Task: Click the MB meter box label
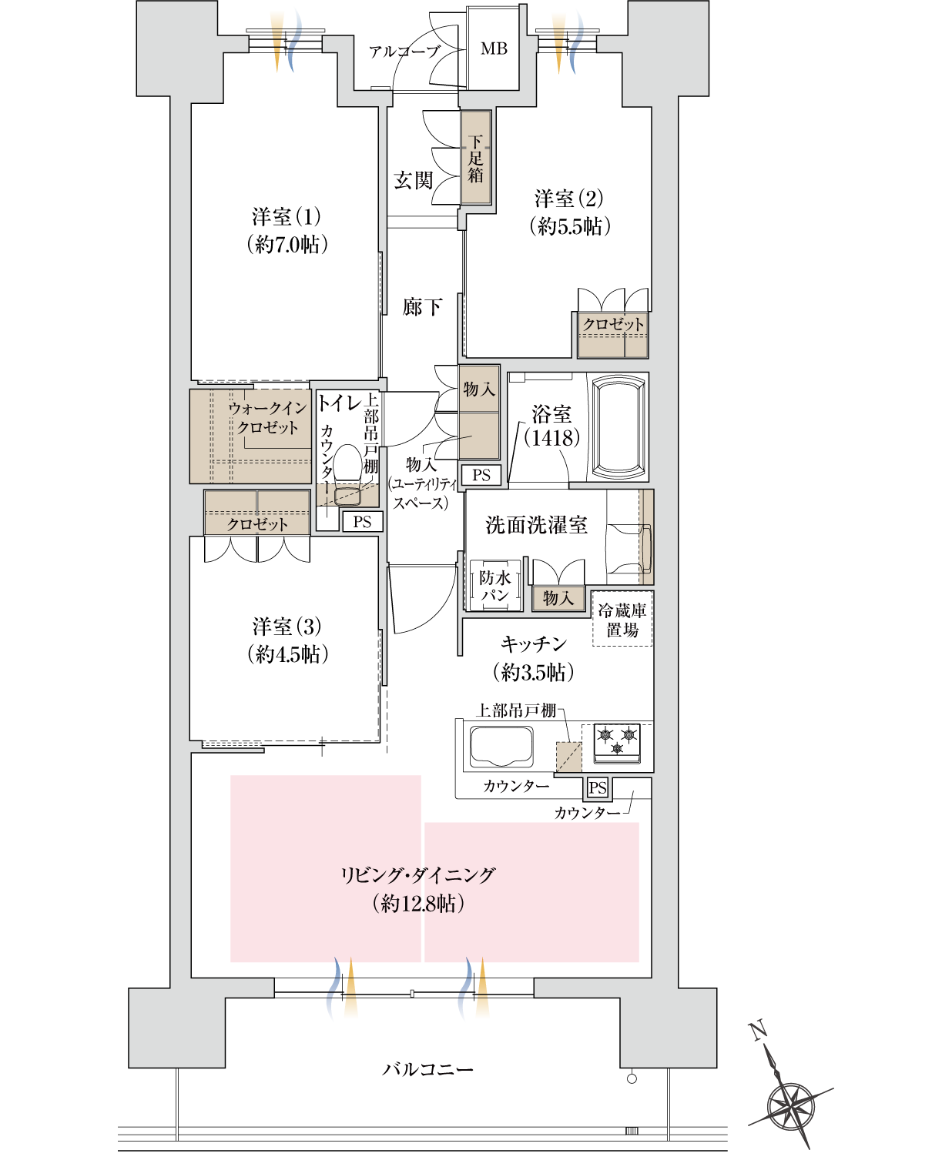(494, 48)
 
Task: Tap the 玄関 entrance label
(414, 180)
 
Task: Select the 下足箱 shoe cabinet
(476, 158)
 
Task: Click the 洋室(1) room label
(286, 216)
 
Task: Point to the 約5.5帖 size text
(570, 226)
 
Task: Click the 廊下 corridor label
(422, 308)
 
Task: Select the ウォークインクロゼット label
(266, 417)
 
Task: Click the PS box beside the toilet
(362, 522)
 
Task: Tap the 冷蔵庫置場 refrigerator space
(622, 619)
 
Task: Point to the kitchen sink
(501, 746)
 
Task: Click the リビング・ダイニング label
(417, 875)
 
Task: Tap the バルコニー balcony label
(428, 1069)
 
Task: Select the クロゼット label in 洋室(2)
(613, 324)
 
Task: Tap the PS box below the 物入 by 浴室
(481, 475)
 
